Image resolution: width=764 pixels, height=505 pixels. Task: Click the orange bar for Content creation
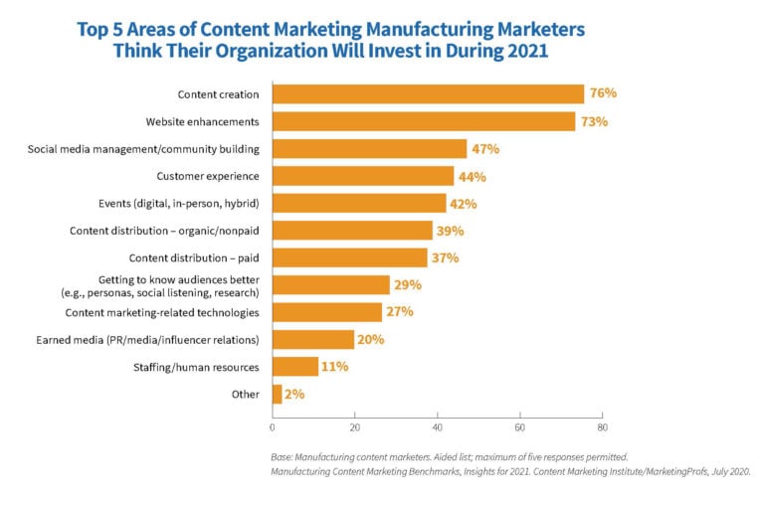pos(428,94)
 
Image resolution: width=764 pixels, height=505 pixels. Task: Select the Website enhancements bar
pos(424,121)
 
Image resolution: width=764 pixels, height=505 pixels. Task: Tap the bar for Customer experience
pos(363,176)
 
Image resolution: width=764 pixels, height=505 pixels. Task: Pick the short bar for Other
pos(277,394)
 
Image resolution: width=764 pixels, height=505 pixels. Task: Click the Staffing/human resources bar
pos(295,367)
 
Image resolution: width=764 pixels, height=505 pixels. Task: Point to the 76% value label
pos(603,93)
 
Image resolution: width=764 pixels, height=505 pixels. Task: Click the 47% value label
pos(484,149)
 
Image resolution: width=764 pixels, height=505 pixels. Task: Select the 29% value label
pos(408,285)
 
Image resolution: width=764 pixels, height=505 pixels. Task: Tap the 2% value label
pos(294,395)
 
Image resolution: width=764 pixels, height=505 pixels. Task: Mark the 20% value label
pos(370,340)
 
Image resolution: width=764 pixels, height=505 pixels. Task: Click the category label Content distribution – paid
pos(198,257)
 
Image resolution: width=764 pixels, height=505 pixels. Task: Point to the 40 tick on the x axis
pos(437,428)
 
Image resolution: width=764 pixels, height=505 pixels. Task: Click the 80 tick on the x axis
pos(602,428)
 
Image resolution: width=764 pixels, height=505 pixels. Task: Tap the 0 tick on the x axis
pos(273,428)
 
